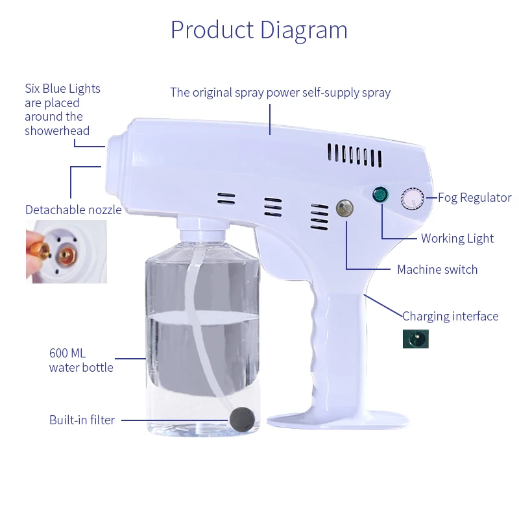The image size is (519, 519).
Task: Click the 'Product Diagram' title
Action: (x=259, y=30)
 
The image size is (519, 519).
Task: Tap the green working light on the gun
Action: (x=380, y=195)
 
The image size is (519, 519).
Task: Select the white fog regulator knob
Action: (x=411, y=199)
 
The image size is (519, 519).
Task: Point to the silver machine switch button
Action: (x=344, y=208)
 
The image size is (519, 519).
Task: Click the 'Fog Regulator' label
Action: (x=474, y=198)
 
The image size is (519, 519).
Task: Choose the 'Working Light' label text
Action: (x=457, y=238)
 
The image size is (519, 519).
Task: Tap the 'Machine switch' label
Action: (x=437, y=269)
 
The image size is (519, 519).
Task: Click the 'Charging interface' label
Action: (x=450, y=317)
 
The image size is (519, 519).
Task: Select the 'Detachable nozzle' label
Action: (x=73, y=210)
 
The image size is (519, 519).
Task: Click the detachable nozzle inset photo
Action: (x=66, y=251)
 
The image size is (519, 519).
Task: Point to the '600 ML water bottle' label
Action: (x=81, y=361)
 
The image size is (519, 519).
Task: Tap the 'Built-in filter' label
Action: (x=82, y=420)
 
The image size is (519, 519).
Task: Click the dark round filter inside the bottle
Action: (x=241, y=416)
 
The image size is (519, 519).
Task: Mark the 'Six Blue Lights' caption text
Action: (x=62, y=110)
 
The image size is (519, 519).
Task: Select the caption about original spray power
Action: (x=280, y=92)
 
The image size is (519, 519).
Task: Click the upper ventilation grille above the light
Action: (x=354, y=154)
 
